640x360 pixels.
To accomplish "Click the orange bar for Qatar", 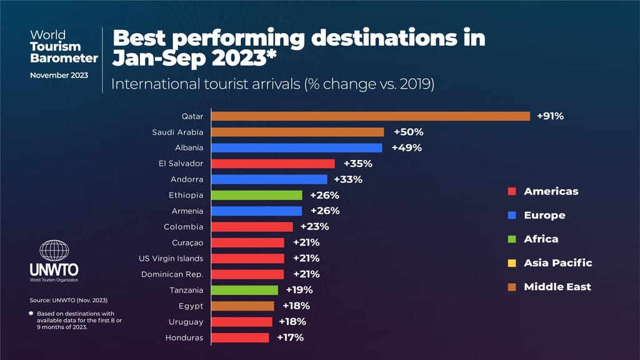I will pos(371,116).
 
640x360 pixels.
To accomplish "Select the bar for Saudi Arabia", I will pos(297,132).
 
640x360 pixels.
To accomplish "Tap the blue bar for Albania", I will pos(297,148).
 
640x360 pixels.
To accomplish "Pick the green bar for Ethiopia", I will pos(257,195).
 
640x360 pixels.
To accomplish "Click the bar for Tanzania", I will pos(245,290).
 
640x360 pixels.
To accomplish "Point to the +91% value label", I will pos(550,116).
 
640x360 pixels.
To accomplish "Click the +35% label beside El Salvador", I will pos(357,164).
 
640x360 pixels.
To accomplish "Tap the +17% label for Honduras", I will pos(290,337).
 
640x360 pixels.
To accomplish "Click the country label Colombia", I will pos(184,227).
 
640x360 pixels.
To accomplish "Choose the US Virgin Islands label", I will pos(171,258).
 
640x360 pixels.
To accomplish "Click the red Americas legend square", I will pos(511,191).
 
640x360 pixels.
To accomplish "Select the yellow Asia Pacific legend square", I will pos(511,263).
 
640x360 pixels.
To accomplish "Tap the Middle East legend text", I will pos(557,287).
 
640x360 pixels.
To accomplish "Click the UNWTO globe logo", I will pos(54,251).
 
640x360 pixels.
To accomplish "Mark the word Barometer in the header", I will pos(64,58).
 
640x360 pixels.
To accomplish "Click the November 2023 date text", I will pos(59,75).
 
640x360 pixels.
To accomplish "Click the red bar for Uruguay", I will pos(242,322).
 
